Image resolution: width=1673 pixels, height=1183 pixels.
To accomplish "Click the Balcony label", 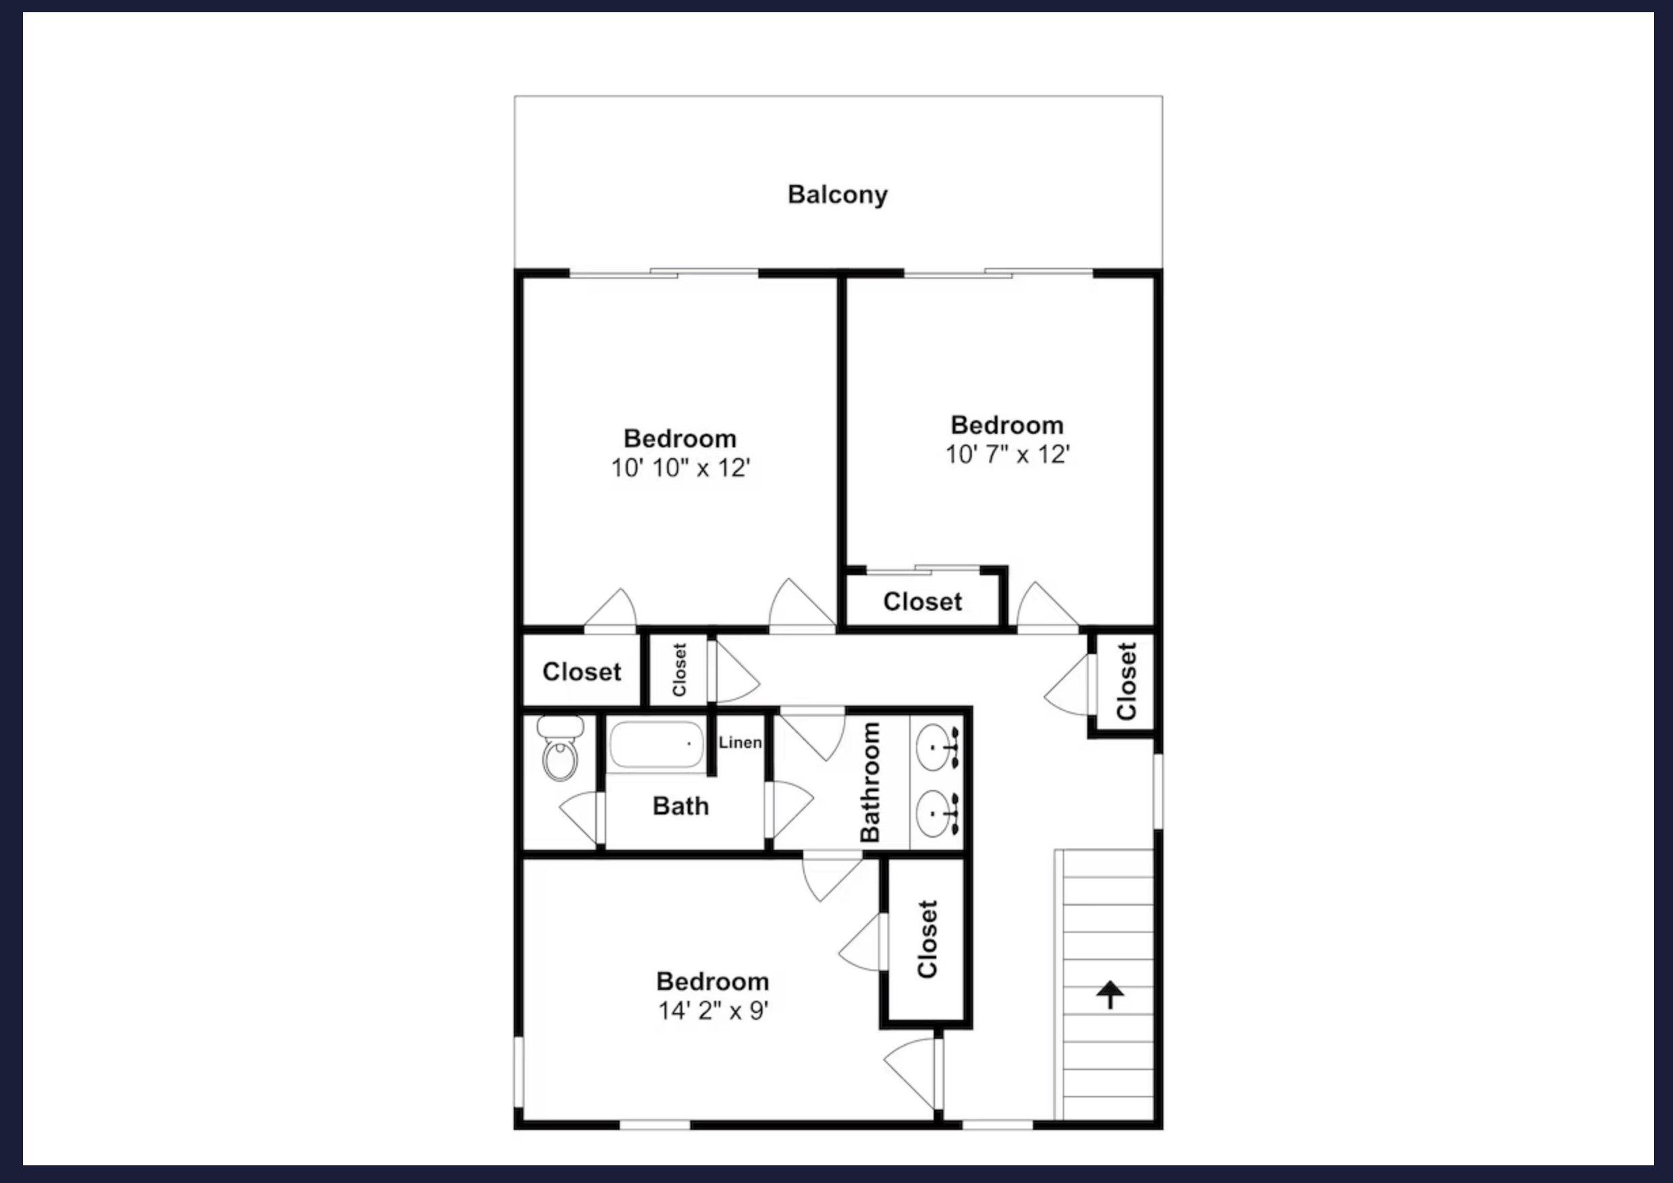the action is [837, 195].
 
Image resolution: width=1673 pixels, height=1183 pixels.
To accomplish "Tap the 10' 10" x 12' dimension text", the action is [681, 468].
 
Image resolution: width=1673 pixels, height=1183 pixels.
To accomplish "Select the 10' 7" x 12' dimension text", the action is [1007, 455].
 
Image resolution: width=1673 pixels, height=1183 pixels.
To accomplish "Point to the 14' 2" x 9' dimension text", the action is [713, 1011].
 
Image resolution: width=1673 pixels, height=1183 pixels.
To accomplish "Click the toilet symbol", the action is [560, 748].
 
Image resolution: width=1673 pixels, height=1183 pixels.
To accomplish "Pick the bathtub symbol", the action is [656, 744].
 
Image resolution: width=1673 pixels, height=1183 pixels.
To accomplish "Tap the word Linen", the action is [740, 742].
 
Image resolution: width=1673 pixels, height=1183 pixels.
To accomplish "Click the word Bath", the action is [681, 806].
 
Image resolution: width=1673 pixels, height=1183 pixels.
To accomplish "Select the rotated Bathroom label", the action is [870, 782].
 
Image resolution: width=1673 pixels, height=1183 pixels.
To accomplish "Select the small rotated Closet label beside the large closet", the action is [679, 670].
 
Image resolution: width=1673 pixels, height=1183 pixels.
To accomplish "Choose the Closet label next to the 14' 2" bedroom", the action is [927, 939].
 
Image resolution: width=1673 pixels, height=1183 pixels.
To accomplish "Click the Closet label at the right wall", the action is [1126, 681].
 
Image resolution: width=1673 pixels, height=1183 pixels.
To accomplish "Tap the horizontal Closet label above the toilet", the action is [582, 672].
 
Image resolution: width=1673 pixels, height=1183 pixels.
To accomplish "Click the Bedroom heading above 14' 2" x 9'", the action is [713, 982].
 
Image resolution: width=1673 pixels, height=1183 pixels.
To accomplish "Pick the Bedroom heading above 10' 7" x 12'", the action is [1007, 425].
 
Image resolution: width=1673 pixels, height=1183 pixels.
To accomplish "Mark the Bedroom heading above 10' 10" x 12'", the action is [680, 439].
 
